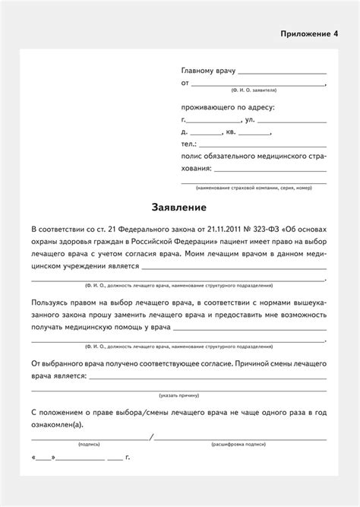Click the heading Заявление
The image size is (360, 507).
click(180, 207)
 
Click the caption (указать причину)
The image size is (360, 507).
click(180, 395)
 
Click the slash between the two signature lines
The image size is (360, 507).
click(152, 437)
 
